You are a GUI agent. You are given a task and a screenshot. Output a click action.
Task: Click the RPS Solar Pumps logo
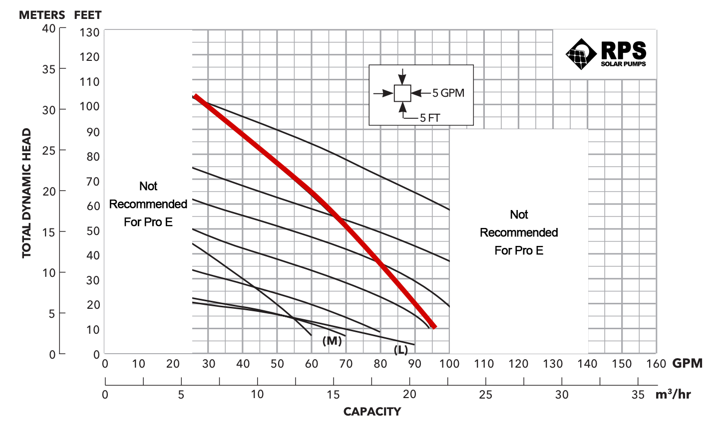pyautogui.click(x=605, y=53)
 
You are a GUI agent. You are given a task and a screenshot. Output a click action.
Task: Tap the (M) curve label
pyautogui.click(x=332, y=341)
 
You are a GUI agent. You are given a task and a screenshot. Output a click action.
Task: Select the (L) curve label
pyautogui.click(x=401, y=350)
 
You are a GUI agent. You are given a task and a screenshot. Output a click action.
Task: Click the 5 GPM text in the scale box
pyautogui.click(x=448, y=93)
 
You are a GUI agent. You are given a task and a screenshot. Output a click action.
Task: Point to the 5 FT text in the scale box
pyautogui.click(x=430, y=118)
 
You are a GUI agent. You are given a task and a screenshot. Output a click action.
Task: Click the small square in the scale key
pyautogui.click(x=402, y=93)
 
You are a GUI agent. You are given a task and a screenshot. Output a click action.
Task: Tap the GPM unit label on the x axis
pyautogui.click(x=687, y=364)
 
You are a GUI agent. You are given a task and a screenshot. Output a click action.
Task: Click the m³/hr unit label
pyautogui.click(x=673, y=395)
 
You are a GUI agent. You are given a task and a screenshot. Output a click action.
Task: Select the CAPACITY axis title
pyautogui.click(x=372, y=412)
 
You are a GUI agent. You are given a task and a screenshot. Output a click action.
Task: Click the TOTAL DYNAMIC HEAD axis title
pyautogui.click(x=27, y=194)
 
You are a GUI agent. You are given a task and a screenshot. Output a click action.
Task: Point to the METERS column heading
pyautogui.click(x=42, y=15)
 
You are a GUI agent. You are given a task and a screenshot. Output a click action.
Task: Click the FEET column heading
pyautogui.click(x=88, y=15)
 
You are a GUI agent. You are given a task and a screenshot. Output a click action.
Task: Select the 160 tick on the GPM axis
pyautogui.click(x=656, y=364)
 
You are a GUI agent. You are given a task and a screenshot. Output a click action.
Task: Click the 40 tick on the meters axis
pyautogui.click(x=49, y=28)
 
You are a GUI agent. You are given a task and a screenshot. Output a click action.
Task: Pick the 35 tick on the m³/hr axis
pyautogui.click(x=638, y=395)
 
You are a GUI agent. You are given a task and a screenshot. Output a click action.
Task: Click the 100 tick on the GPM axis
pyautogui.click(x=449, y=364)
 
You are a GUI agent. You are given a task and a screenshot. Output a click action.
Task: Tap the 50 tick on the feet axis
pyautogui.click(x=93, y=231)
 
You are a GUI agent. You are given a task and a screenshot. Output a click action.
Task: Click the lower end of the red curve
pyautogui.click(x=434, y=326)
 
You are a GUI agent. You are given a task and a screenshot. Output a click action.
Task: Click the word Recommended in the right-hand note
pyautogui.click(x=519, y=232)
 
